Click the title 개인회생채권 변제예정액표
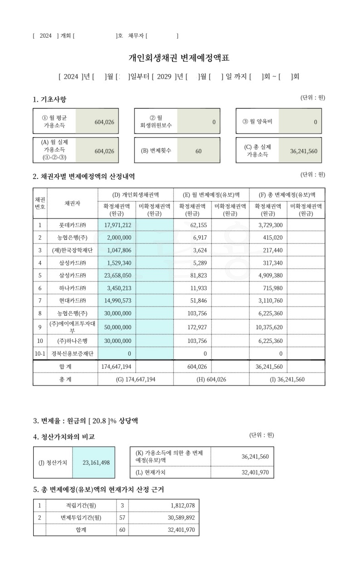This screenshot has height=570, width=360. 179,58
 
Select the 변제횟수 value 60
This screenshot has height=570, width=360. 198,151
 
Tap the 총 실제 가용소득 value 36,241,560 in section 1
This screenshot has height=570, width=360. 304,151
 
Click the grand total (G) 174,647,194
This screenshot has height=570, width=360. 135,379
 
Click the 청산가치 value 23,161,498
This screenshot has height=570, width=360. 96,463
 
